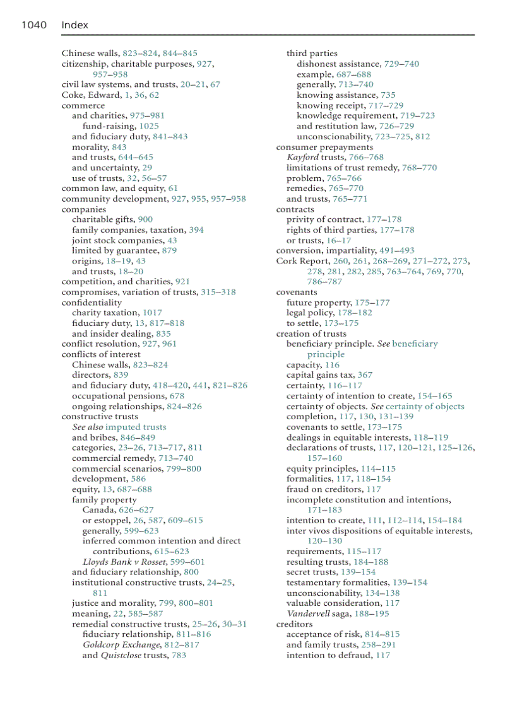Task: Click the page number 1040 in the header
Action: click(34, 25)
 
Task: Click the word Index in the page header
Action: click(74, 25)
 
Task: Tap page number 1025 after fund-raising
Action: click(149, 126)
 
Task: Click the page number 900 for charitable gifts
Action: click(145, 219)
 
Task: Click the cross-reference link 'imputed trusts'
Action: click(136, 427)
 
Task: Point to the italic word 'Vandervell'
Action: click(308, 613)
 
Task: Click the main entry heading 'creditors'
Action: click(294, 624)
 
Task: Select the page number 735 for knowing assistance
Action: click(388, 95)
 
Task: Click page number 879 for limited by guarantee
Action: click(169, 250)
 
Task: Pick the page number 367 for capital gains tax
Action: click(365, 374)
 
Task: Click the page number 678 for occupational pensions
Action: click(177, 396)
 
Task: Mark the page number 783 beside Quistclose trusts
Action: click(179, 655)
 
